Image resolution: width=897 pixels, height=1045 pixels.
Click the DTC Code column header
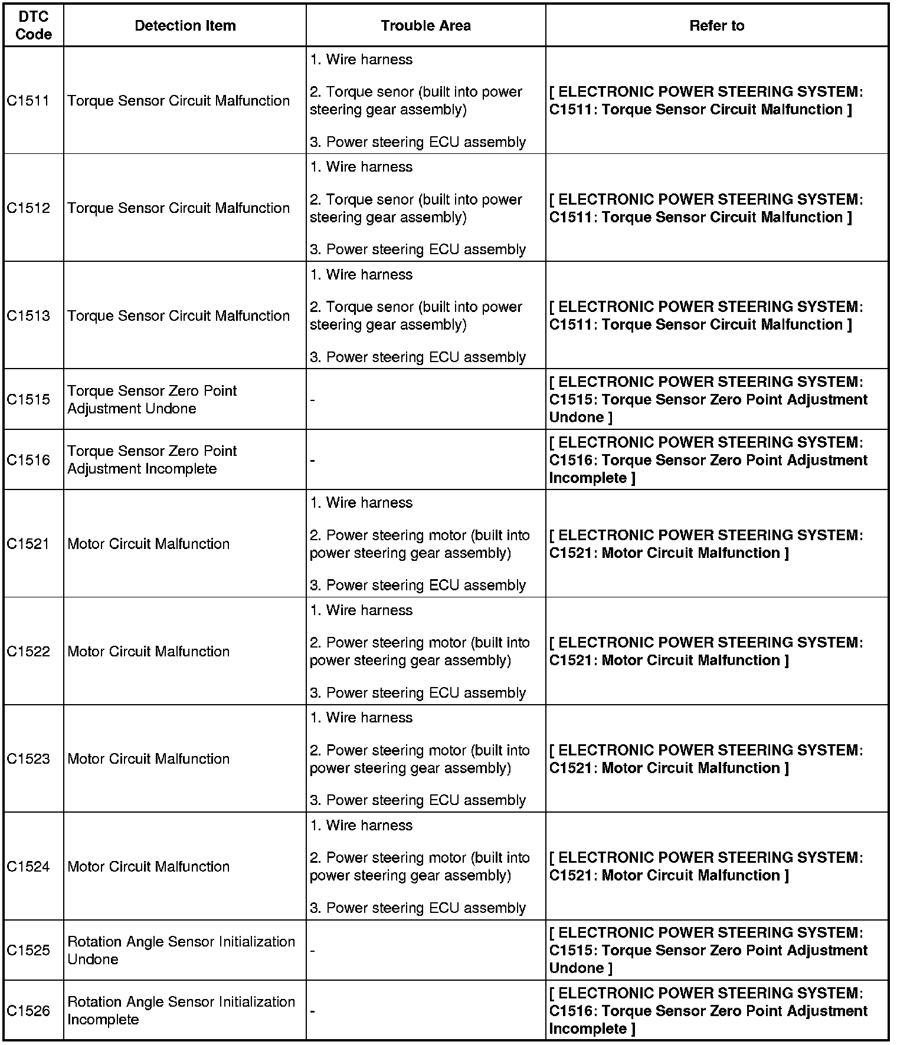[34, 26]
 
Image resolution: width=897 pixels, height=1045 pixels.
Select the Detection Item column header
[185, 26]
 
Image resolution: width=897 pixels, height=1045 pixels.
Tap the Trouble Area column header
[425, 26]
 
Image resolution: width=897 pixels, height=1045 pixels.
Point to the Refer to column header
[716, 26]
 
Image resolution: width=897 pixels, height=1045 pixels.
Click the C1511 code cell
[28, 101]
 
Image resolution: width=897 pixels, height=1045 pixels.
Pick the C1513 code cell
[28, 316]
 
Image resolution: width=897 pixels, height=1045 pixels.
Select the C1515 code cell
[28, 400]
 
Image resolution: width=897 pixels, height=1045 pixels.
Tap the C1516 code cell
[28, 460]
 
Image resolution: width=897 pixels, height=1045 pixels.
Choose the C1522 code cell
[28, 652]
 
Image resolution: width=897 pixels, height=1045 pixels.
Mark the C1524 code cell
[28, 867]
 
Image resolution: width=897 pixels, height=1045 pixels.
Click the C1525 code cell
[28, 951]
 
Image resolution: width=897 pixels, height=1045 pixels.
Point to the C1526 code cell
[28, 1011]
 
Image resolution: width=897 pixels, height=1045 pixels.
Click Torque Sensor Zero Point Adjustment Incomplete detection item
[152, 460]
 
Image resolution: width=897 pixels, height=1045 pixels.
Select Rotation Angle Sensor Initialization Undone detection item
[181, 951]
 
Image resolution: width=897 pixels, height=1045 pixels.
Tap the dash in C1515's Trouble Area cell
[313, 400]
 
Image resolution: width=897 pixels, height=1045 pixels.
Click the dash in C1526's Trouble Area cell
[313, 1011]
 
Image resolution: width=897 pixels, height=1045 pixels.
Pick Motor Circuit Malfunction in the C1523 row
[148, 759]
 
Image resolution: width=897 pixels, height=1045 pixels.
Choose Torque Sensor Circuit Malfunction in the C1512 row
[178, 208]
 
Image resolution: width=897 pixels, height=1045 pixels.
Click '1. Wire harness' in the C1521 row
[361, 503]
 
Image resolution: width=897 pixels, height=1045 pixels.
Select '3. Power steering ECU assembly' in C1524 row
[418, 908]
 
